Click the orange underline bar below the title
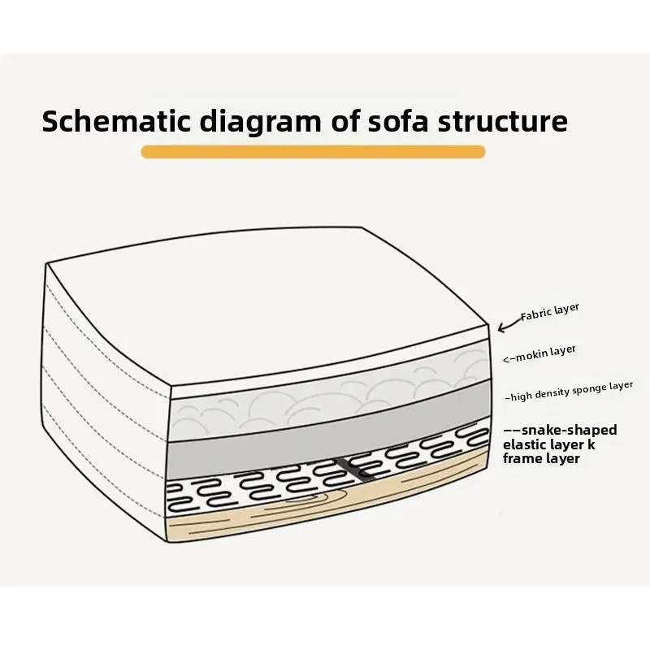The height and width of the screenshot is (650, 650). point(313,152)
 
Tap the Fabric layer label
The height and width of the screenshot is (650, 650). point(550,313)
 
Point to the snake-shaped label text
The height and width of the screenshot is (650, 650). point(569,430)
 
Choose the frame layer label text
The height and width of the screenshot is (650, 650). point(541,459)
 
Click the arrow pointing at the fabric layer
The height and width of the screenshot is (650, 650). point(509,324)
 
